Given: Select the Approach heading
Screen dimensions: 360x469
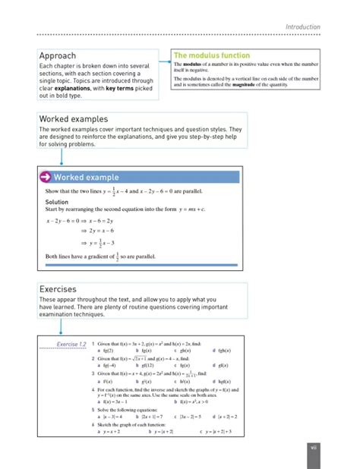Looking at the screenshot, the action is pos(58,55).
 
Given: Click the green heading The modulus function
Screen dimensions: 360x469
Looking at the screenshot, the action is pos(212,55).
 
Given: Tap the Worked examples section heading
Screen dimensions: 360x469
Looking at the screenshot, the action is pos(73,119).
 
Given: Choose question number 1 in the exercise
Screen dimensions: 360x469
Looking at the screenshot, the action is pos(92,343).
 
